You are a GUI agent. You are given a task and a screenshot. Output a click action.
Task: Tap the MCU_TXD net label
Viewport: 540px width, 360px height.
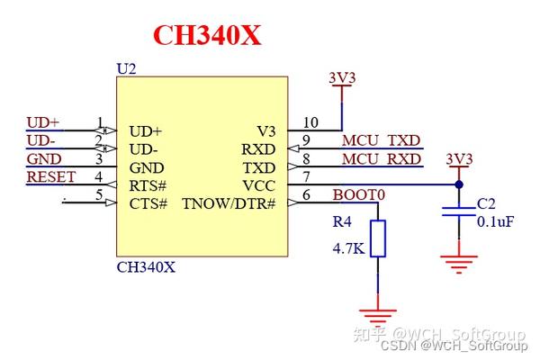[381, 140]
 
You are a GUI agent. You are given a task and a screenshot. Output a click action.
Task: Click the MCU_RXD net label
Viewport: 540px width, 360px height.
[381, 159]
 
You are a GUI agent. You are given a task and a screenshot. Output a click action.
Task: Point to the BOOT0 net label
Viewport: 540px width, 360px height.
[358, 194]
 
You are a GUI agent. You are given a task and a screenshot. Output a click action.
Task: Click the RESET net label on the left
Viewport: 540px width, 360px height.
[51, 176]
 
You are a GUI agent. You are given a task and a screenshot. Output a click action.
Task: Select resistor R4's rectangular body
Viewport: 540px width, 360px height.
[378, 238]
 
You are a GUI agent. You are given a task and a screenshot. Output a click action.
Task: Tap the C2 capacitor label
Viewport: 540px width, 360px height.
[486, 203]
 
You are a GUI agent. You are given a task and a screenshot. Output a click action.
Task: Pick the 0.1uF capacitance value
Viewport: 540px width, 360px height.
[496, 221]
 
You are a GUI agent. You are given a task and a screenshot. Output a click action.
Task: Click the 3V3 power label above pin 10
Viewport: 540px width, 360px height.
[342, 77]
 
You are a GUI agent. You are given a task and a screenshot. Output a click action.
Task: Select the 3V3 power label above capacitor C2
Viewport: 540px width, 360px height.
[459, 159]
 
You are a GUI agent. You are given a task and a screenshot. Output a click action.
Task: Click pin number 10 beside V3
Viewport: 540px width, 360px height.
[310, 122]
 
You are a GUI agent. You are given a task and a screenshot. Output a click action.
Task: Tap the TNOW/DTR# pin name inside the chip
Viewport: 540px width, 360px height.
[228, 203]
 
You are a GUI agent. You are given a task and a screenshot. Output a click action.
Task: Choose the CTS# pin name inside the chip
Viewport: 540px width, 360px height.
[148, 203]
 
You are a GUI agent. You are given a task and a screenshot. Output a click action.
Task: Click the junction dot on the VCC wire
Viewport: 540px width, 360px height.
[459, 184]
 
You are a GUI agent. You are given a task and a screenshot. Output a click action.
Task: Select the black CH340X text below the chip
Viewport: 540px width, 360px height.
[147, 267]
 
